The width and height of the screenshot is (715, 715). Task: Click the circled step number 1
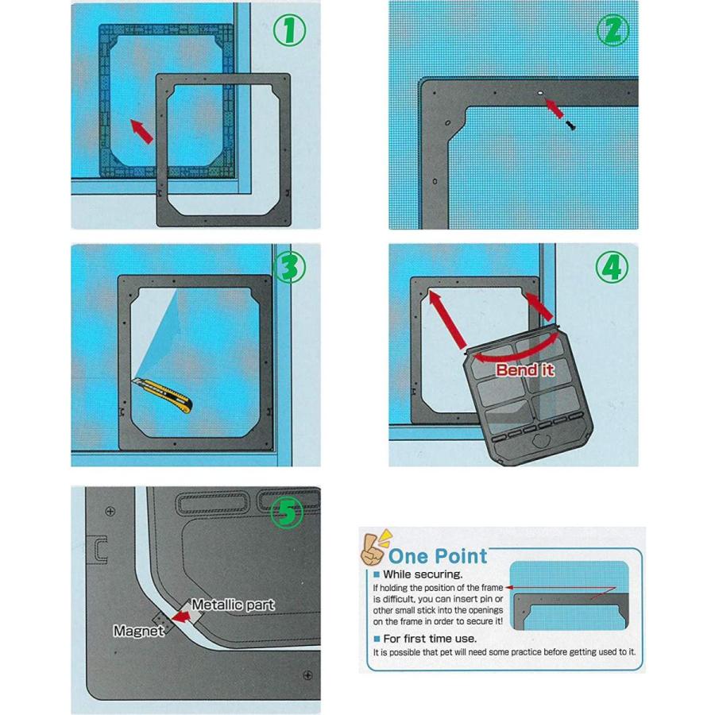289,30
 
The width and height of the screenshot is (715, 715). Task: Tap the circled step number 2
613,30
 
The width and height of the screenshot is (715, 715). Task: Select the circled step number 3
289,267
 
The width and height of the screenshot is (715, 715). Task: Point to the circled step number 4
613,267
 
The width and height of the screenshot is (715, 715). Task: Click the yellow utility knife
162,395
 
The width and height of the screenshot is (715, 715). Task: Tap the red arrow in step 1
142,131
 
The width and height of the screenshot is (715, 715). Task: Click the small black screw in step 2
570,125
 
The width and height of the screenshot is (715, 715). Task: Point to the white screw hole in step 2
540,93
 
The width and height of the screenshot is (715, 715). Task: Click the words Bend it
525,369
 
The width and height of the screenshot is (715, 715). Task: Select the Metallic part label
233,605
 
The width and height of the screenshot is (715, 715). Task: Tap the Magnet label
138,631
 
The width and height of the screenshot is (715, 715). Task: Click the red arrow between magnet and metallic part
181,617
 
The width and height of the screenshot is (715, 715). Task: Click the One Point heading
438,556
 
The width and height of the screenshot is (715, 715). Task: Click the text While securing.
423,574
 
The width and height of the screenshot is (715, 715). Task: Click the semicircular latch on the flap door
541,440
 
